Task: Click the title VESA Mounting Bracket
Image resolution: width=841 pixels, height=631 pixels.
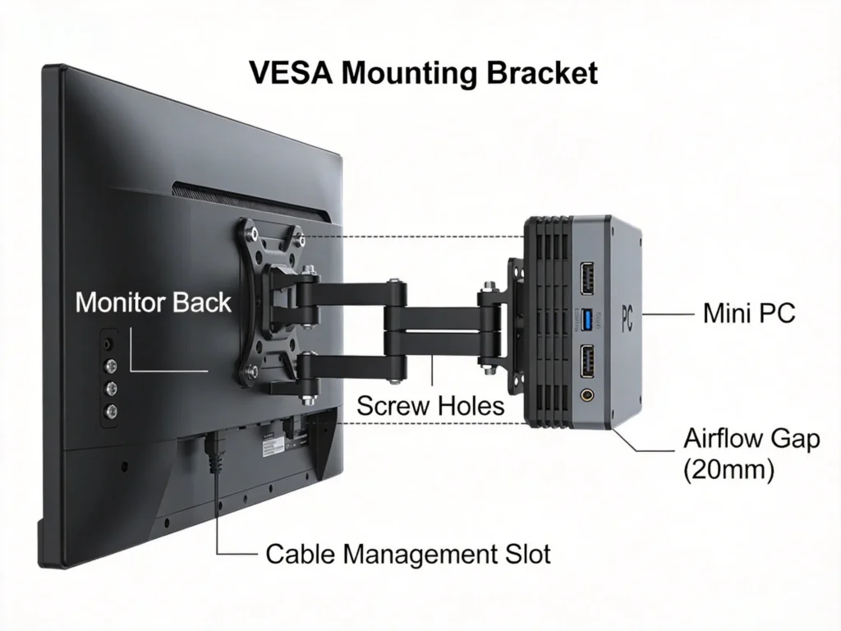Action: click(x=422, y=73)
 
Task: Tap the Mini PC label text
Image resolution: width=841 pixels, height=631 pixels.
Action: click(x=748, y=313)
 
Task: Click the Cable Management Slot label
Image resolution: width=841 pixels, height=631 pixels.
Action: click(x=407, y=554)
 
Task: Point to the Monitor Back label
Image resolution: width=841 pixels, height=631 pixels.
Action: click(x=153, y=302)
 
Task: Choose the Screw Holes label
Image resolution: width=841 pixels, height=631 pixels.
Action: click(x=430, y=405)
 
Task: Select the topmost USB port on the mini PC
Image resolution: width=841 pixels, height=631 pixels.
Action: click(x=589, y=278)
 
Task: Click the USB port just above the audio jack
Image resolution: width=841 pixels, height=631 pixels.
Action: click(x=589, y=359)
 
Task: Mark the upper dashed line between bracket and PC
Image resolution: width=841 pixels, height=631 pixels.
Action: click(x=415, y=237)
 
